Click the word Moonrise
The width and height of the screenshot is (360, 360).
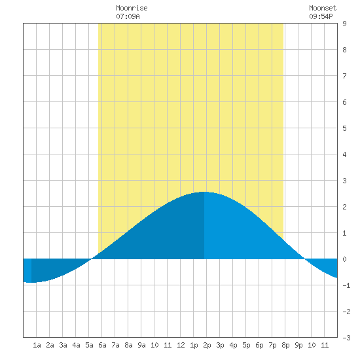pyautogui.click(x=132, y=8)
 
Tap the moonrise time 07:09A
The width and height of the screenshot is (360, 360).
pyautogui.click(x=128, y=16)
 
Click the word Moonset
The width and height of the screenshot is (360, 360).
pyautogui.click(x=323, y=8)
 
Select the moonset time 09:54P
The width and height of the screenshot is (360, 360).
pyautogui.click(x=321, y=16)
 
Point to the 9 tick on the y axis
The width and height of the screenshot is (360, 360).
pyautogui.click(x=344, y=24)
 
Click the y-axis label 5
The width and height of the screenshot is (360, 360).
pyautogui.click(x=344, y=128)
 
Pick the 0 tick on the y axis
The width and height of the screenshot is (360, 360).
pyautogui.click(x=344, y=259)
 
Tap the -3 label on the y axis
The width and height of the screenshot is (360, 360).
pyautogui.click(x=346, y=338)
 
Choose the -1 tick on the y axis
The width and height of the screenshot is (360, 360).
pyautogui.click(x=346, y=285)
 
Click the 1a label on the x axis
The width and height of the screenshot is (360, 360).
pyautogui.click(x=37, y=345)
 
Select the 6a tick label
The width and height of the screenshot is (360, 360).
pyautogui.click(x=102, y=345)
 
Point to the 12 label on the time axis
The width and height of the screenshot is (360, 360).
pyautogui.click(x=181, y=345)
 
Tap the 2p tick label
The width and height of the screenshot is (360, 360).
pyautogui.click(x=207, y=345)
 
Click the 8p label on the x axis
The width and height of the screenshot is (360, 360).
pyautogui.click(x=285, y=345)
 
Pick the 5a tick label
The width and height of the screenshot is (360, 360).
pyautogui.click(x=89, y=345)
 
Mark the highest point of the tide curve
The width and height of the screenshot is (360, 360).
pyautogui.click(x=204, y=192)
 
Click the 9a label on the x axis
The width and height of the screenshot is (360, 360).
pyautogui.click(x=141, y=345)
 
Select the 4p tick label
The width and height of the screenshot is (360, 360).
pyautogui.click(x=233, y=345)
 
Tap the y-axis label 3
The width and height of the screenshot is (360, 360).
pyautogui.click(x=344, y=181)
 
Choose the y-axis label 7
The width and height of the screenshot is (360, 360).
pyautogui.click(x=344, y=76)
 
